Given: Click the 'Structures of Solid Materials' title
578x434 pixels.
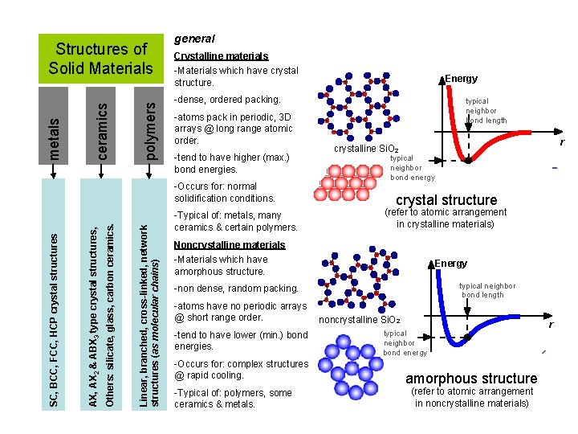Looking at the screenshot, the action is point(100,59).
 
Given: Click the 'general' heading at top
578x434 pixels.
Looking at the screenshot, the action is point(194,38).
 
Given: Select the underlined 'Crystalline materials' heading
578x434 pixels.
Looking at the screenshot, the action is point(221,56).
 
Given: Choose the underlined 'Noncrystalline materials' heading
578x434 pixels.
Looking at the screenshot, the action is point(230,244).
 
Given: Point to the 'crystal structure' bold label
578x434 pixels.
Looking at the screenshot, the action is point(446,200).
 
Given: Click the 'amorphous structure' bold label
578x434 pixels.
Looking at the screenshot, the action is point(471,378).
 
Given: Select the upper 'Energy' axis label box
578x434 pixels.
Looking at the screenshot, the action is point(462,78).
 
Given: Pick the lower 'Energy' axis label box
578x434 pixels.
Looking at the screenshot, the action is point(450,263).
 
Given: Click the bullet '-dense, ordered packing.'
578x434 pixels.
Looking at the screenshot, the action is point(227,100).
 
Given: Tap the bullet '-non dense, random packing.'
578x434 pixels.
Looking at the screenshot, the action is point(235,288).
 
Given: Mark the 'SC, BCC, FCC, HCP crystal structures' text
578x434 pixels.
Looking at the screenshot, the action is point(54,318).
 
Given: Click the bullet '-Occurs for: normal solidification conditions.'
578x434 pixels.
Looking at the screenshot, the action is point(225,191).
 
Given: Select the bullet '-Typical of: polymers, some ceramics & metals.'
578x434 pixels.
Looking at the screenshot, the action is point(233,398).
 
